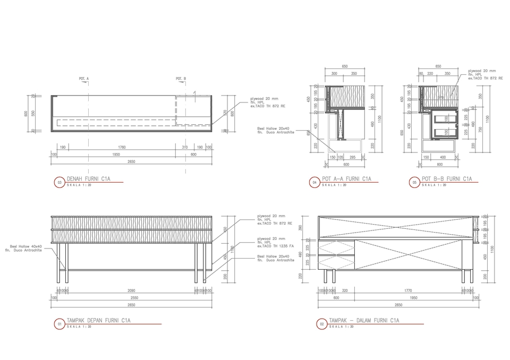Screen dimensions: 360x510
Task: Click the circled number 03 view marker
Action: tap(59, 182)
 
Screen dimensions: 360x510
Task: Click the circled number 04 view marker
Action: tap(314, 182)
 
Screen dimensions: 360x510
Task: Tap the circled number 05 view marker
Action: tap(414, 182)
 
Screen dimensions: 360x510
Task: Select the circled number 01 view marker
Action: tap(59, 323)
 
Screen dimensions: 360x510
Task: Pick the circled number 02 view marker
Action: tap(321, 323)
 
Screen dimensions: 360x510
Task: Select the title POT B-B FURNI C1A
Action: tap(446, 179)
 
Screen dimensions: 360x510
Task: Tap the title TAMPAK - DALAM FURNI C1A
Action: tap(364, 320)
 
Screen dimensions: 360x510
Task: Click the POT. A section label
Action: tap(83, 79)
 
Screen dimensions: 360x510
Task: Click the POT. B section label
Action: tap(181, 79)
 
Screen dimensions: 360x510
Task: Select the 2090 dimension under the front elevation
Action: tap(131, 290)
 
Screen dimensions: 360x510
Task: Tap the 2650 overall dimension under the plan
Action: tap(131, 161)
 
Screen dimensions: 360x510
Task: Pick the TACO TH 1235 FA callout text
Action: tap(275, 246)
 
